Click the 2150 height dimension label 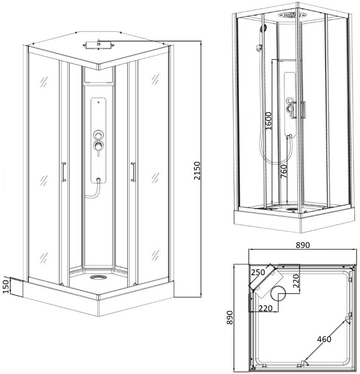click(197, 171)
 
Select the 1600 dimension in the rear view click(268, 121)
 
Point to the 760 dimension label click(283, 171)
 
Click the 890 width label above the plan click(303, 245)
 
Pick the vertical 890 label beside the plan click(230, 317)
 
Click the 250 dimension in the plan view click(258, 272)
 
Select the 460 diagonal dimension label click(324, 339)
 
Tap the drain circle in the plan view click(278, 293)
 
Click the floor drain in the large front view click(98, 277)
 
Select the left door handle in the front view click(63, 172)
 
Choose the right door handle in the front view click(133, 172)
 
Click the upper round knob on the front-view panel click(98, 135)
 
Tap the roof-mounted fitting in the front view click(99, 44)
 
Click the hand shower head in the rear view click(263, 29)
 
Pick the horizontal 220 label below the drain click(265, 309)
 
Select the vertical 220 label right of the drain click(296, 281)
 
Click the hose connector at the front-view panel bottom click(98, 180)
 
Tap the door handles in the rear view click(298, 110)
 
